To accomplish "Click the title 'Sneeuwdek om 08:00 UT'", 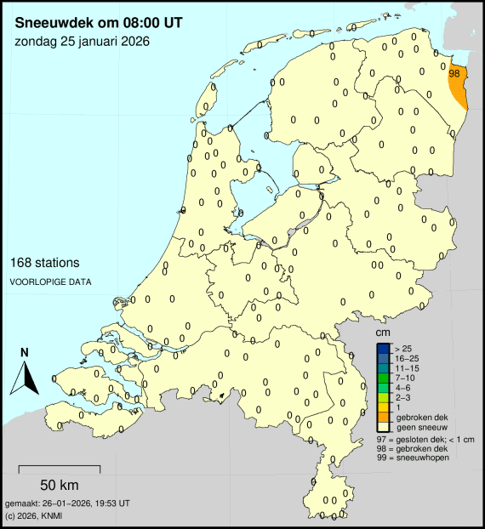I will pos(99,16).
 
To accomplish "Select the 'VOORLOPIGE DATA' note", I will pos(50,282).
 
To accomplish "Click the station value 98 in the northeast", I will pos(454,74).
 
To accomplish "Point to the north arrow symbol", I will pos(25,377).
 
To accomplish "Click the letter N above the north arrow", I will pos(25,353).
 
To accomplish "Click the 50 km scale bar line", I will pos(60,469).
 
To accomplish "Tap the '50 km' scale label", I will pos(60,486).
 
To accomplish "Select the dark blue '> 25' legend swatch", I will pos(385,350).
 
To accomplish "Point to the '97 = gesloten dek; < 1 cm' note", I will pos(424,438).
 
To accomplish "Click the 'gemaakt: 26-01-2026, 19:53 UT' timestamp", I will pos(67,503).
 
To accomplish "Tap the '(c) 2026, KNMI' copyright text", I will pos(34,515).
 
